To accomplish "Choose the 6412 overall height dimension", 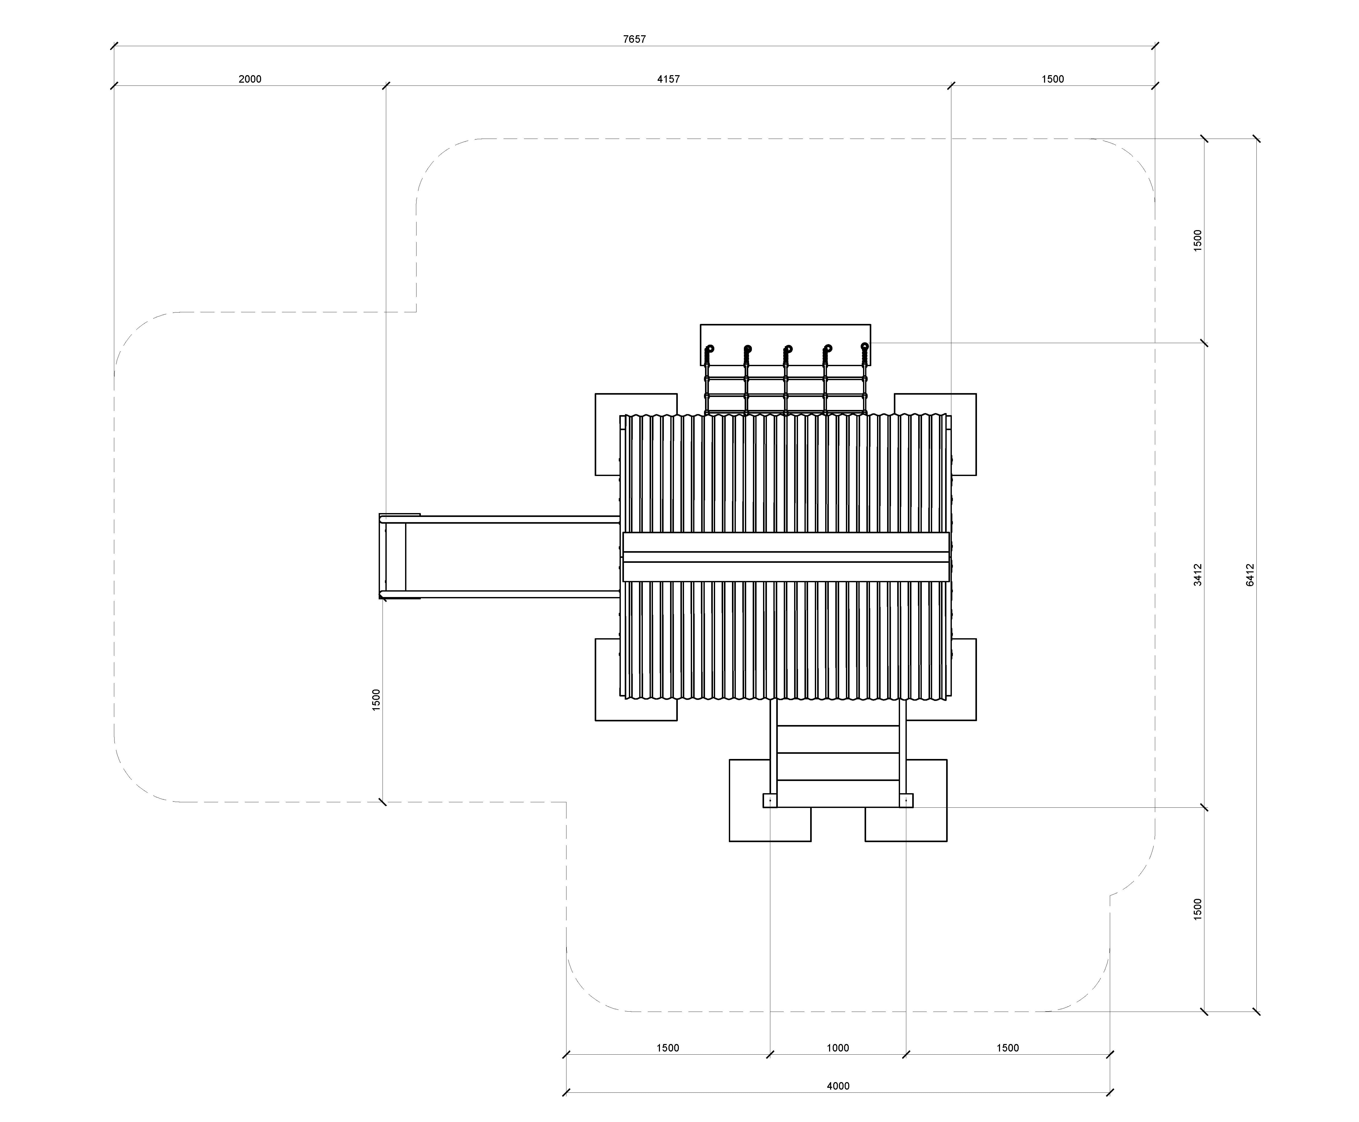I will click(x=1250, y=574).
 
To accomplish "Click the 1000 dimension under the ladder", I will click(x=838, y=1048).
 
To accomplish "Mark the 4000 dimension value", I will click(x=838, y=1086).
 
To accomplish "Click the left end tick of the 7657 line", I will click(x=114, y=46).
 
